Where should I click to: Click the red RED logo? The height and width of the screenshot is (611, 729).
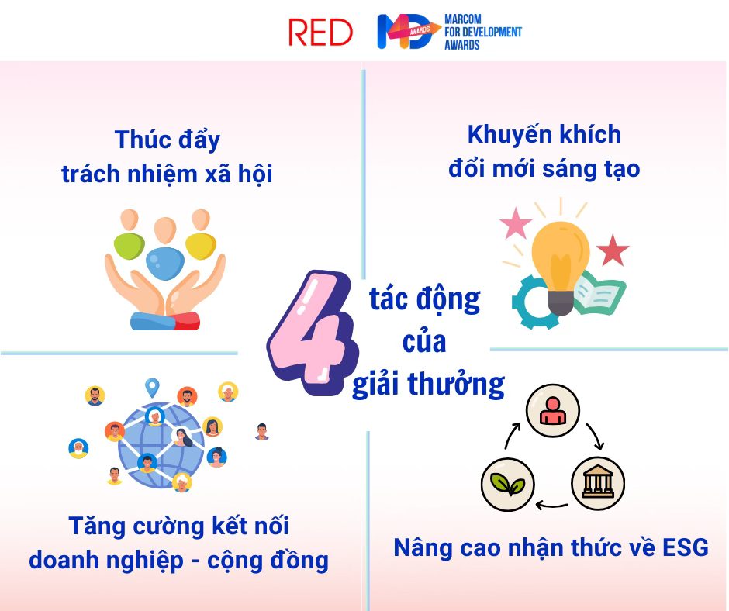click(x=320, y=33)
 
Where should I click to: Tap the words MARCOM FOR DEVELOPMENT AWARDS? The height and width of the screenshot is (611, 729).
click(x=482, y=32)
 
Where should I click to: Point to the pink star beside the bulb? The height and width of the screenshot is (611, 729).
click(x=516, y=223)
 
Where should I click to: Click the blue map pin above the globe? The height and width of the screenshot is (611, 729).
click(x=152, y=388)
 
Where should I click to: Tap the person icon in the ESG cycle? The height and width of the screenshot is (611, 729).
click(x=553, y=410)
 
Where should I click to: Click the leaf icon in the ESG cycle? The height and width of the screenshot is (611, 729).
click(x=508, y=484)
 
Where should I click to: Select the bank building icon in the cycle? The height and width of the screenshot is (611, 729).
click(x=598, y=483)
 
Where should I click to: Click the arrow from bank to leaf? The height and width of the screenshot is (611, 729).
click(x=552, y=505)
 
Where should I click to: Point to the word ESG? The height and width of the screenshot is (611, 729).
click(x=686, y=547)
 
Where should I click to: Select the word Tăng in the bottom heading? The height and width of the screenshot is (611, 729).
click(x=97, y=526)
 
